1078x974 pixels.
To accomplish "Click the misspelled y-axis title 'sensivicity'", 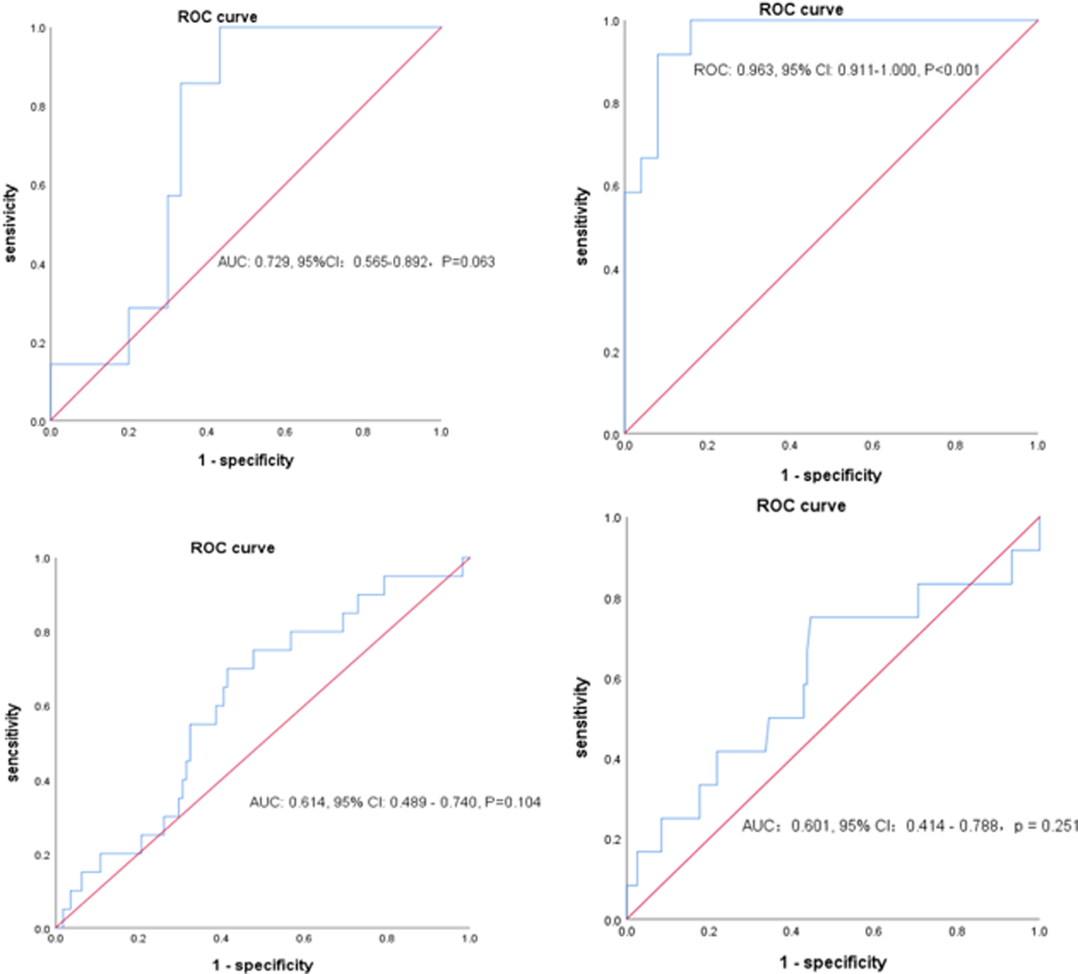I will (11, 224).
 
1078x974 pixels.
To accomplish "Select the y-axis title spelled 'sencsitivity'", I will (13, 741).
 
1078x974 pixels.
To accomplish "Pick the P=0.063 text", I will (468, 262).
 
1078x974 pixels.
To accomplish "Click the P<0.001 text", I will (952, 71).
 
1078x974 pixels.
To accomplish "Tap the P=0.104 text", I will (513, 802).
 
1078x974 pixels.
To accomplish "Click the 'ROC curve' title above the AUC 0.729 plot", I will (217, 17).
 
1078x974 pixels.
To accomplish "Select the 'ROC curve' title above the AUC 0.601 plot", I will (801, 506).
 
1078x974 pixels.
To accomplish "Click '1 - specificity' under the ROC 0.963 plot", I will (831, 475).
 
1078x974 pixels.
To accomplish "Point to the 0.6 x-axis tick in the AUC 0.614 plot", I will (303, 939).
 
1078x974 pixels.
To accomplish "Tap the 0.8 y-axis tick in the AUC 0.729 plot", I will (38, 107).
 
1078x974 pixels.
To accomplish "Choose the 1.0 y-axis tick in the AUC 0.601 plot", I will (612, 519).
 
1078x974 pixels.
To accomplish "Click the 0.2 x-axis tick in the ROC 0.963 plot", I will (707, 446).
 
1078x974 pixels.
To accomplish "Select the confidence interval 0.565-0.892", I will (390, 262).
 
